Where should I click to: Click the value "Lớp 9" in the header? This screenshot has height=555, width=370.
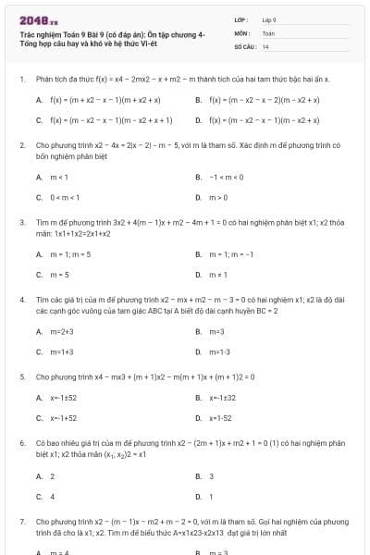(x=269, y=19)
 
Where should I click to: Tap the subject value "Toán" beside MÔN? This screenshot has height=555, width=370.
(x=268, y=32)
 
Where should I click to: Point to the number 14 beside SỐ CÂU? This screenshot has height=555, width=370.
(x=265, y=46)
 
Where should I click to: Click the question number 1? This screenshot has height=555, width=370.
(x=21, y=80)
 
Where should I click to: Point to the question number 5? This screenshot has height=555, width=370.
(x=21, y=377)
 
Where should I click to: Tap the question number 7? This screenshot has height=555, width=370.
(x=21, y=523)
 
